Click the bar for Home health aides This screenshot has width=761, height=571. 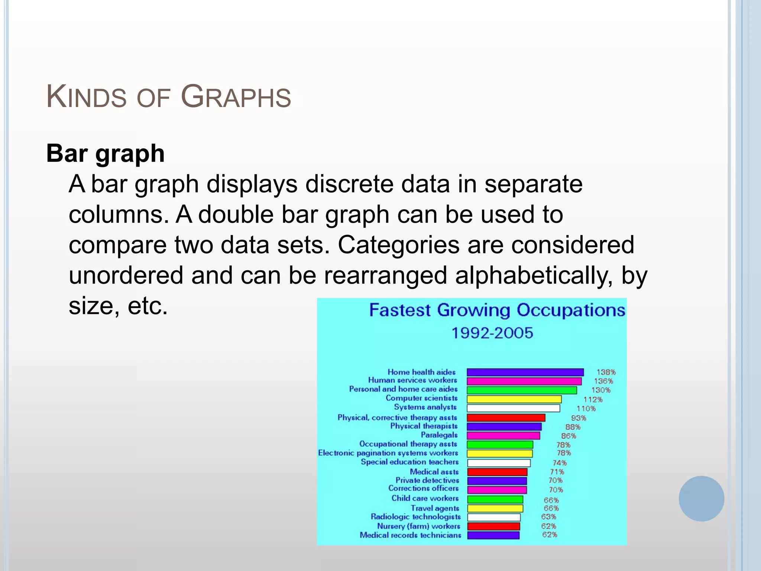[525, 372]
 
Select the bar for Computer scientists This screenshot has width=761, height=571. [514, 399]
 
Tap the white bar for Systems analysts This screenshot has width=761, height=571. [513, 408]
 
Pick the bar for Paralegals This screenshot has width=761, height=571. [503, 435]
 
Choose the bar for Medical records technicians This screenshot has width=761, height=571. [493, 535]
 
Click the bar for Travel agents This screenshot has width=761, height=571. [495, 508]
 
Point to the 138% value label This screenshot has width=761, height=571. [606, 372]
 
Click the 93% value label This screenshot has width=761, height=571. [578, 418]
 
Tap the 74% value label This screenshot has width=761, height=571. [559, 463]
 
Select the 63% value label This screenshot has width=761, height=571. [548, 517]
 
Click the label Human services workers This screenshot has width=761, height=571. [412, 380]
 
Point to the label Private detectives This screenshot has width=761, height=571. [427, 480]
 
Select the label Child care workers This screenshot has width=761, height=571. [425, 498]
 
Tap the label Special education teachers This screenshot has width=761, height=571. [409, 462]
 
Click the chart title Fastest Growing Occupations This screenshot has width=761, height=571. [497, 310]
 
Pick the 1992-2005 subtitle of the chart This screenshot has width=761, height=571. [492, 333]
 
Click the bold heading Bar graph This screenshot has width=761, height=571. [105, 154]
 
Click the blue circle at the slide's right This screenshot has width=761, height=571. [701, 499]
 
